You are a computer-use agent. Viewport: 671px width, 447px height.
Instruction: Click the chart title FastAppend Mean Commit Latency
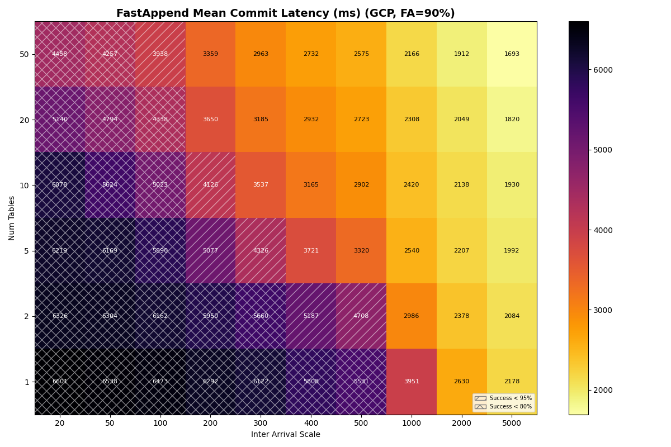pyautogui.click(x=285, y=13)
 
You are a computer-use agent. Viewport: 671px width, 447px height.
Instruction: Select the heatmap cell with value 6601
pyautogui.click(x=60, y=382)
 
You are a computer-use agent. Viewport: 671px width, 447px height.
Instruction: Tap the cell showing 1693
pyautogui.click(x=512, y=54)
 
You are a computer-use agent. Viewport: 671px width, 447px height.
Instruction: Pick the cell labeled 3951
pyautogui.click(x=412, y=382)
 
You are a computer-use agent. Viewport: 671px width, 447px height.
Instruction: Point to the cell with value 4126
pyautogui.click(x=210, y=185)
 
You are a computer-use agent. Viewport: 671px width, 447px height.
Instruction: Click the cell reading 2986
pyautogui.click(x=412, y=316)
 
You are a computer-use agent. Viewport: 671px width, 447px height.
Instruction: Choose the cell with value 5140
pyautogui.click(x=60, y=120)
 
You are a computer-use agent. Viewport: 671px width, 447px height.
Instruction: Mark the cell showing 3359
pyautogui.click(x=210, y=54)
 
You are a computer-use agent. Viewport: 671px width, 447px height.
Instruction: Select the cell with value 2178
pyautogui.click(x=512, y=382)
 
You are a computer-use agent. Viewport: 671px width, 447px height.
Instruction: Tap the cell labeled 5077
pyautogui.click(x=210, y=251)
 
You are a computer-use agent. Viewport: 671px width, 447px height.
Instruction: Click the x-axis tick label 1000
pyautogui.click(x=412, y=424)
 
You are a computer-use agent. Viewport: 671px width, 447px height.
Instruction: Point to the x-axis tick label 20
pyautogui.click(x=60, y=424)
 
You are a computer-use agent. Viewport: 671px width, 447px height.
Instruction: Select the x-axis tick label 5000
pyautogui.click(x=512, y=424)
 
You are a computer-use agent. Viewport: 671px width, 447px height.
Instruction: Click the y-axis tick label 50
pyautogui.click(x=25, y=54)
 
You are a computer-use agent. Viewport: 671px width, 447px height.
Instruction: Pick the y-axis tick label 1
pyautogui.click(x=26, y=382)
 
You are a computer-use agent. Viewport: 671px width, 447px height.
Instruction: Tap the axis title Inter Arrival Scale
pyautogui.click(x=285, y=435)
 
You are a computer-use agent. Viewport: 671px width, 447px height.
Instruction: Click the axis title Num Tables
pyautogui.click(x=12, y=218)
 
